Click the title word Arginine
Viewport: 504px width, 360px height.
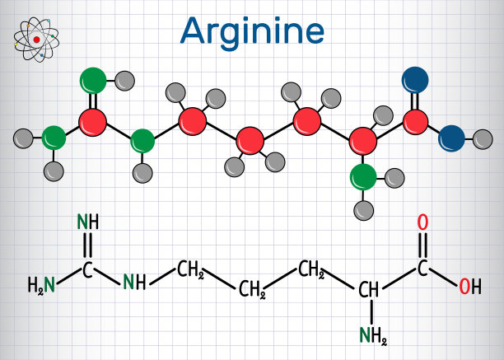pos(252,32)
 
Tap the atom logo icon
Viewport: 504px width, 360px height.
pos(36,40)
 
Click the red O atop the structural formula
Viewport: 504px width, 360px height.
pos(422,222)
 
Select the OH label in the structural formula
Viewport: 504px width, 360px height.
pos(469,287)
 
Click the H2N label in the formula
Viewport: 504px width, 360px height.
pos(41,285)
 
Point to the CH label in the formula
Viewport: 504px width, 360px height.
pos(368,289)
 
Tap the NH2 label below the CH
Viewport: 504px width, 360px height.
pos(373,335)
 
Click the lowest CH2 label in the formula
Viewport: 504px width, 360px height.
pos(252,289)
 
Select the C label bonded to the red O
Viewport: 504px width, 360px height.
pos(422,268)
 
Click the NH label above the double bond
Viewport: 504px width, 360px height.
pos(88,222)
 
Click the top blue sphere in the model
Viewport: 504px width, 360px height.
pos(415,80)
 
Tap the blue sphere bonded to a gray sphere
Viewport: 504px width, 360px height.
pos(451,138)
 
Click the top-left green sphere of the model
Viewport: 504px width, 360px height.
pos(93,81)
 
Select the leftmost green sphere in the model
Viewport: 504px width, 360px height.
pos(54,138)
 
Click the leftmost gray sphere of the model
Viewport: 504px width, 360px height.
pos(23,138)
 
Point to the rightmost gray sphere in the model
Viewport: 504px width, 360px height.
pos(483,139)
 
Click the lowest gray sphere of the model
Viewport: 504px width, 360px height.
pos(363,211)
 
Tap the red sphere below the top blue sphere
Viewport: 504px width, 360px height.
pos(415,122)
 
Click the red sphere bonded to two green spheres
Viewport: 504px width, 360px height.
pos(92,123)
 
